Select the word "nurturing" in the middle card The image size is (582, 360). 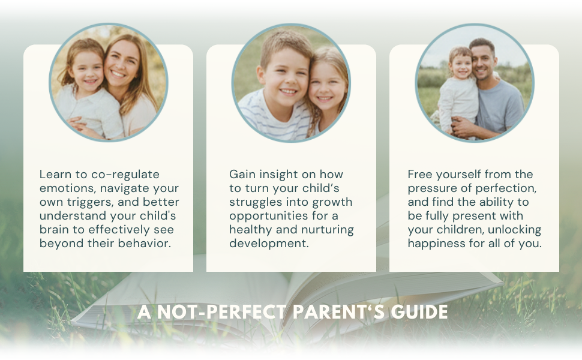tap(327, 230)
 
